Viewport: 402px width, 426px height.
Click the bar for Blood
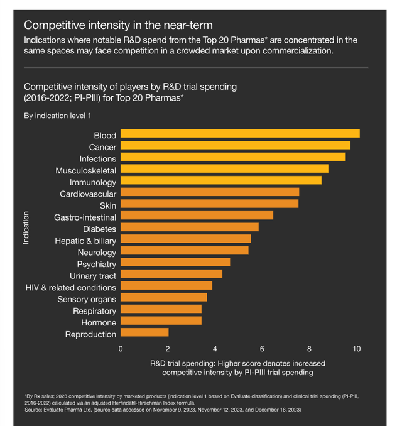click(240, 134)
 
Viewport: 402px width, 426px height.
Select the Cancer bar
click(235, 146)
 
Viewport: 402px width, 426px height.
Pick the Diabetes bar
click(189, 227)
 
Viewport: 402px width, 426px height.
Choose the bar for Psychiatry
click(175, 263)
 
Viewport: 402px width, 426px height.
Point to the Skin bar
click(209, 204)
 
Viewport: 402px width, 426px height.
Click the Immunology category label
click(92, 182)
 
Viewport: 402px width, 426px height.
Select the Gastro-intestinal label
click(85, 216)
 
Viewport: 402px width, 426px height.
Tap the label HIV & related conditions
click(70, 287)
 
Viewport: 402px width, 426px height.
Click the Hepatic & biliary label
click(85, 240)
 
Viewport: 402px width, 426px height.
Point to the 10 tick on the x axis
click(356, 349)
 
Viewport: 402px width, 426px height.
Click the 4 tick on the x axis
click(215, 349)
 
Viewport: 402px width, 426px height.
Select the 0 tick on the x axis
click(121, 349)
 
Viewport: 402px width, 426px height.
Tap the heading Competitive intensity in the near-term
click(118, 25)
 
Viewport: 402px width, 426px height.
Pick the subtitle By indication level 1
click(59, 116)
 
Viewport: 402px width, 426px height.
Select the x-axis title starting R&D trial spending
click(237, 363)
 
